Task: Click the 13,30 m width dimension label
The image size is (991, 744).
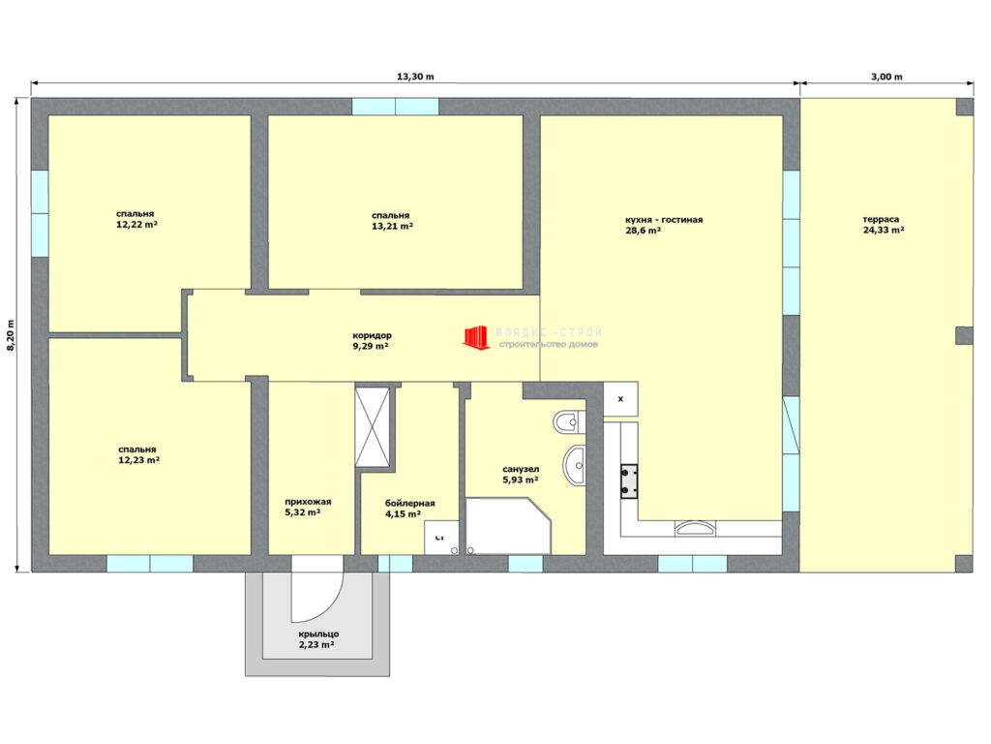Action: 415,77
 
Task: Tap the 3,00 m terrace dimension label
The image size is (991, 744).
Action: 886,77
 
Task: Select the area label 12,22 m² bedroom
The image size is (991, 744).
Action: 136,219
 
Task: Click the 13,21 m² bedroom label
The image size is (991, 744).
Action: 393,221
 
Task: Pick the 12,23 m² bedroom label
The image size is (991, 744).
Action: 139,455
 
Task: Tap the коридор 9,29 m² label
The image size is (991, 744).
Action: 372,341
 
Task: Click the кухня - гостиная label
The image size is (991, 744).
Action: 664,220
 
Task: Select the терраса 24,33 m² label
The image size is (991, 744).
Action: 883,225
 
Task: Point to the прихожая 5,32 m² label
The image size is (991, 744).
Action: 307,507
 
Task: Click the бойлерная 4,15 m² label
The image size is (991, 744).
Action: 409,509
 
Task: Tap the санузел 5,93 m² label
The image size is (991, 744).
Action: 520,475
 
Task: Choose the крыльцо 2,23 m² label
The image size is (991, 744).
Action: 317,639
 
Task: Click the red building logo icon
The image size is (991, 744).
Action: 476,337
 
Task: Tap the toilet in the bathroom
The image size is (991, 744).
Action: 569,422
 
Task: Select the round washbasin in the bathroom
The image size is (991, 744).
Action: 575,466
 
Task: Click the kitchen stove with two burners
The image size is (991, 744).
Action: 628,481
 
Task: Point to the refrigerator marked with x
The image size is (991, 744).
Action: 620,398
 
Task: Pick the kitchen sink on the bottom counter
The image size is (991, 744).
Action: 696,528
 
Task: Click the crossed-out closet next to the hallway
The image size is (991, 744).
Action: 373,427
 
